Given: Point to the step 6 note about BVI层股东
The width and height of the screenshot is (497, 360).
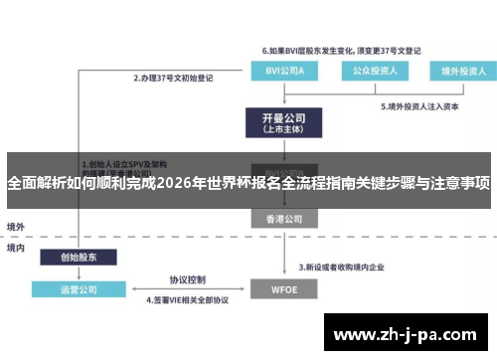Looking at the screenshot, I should [x=340, y=49].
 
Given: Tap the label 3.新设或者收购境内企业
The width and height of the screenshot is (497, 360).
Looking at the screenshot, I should [x=347, y=268].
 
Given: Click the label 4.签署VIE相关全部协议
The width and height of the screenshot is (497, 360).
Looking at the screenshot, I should [x=188, y=300].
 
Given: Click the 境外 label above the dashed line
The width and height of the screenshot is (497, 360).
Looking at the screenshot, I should [x=15, y=226].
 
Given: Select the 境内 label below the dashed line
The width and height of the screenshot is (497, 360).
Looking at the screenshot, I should [x=15, y=247].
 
